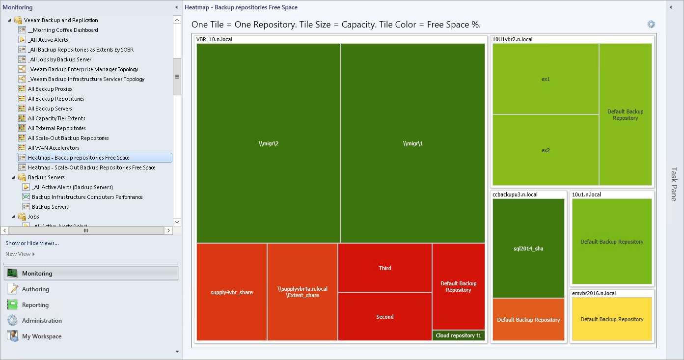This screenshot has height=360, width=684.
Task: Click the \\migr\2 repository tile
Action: (x=269, y=143)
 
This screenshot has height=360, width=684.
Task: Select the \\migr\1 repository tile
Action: (x=412, y=143)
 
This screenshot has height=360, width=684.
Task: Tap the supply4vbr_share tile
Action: (x=232, y=292)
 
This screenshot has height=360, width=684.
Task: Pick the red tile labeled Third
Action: (x=385, y=268)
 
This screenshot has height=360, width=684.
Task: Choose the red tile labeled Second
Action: (x=385, y=317)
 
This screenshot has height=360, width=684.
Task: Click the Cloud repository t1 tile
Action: (x=459, y=336)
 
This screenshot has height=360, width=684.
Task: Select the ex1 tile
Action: (x=546, y=79)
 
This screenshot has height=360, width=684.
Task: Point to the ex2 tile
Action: (x=546, y=150)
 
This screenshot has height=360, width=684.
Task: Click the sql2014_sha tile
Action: (x=528, y=249)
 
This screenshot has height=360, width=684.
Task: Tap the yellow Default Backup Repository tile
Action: (x=612, y=319)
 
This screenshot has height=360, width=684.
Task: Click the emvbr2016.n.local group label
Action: (x=594, y=293)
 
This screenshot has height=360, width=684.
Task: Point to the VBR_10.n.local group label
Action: (x=214, y=39)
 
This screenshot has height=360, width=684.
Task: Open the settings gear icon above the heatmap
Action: (x=651, y=25)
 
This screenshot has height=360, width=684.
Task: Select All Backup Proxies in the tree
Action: (x=50, y=89)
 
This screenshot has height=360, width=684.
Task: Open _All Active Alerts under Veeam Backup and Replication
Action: (x=48, y=40)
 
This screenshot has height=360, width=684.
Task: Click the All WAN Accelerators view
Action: (x=54, y=148)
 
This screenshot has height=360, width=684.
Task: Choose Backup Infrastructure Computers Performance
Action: (x=87, y=197)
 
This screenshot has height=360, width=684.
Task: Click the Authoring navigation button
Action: (x=35, y=289)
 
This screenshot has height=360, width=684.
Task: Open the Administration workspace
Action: (x=42, y=321)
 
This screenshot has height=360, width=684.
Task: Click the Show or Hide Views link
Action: (x=32, y=243)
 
